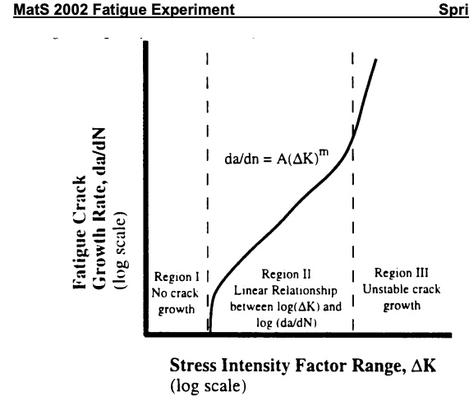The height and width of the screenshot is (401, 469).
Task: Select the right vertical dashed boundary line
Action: (x=352, y=205)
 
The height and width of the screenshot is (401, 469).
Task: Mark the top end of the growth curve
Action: (x=377, y=60)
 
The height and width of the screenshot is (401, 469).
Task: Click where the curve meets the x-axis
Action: (x=210, y=333)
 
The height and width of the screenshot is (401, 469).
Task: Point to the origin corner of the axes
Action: (x=146, y=334)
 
